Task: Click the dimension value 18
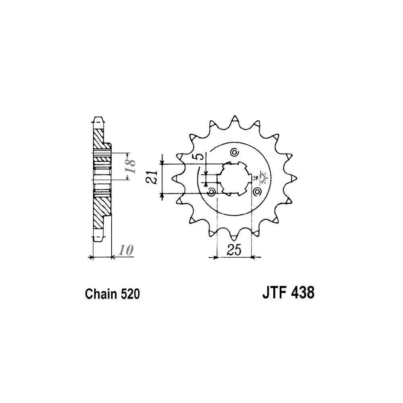coord(130,166)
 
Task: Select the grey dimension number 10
coord(126,250)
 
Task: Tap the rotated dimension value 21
coord(152,177)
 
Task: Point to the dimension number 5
coord(201,156)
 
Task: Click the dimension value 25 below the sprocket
coord(234,250)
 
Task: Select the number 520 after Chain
coord(130,294)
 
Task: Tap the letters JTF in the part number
coord(273,293)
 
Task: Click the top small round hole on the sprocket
coord(234,152)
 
